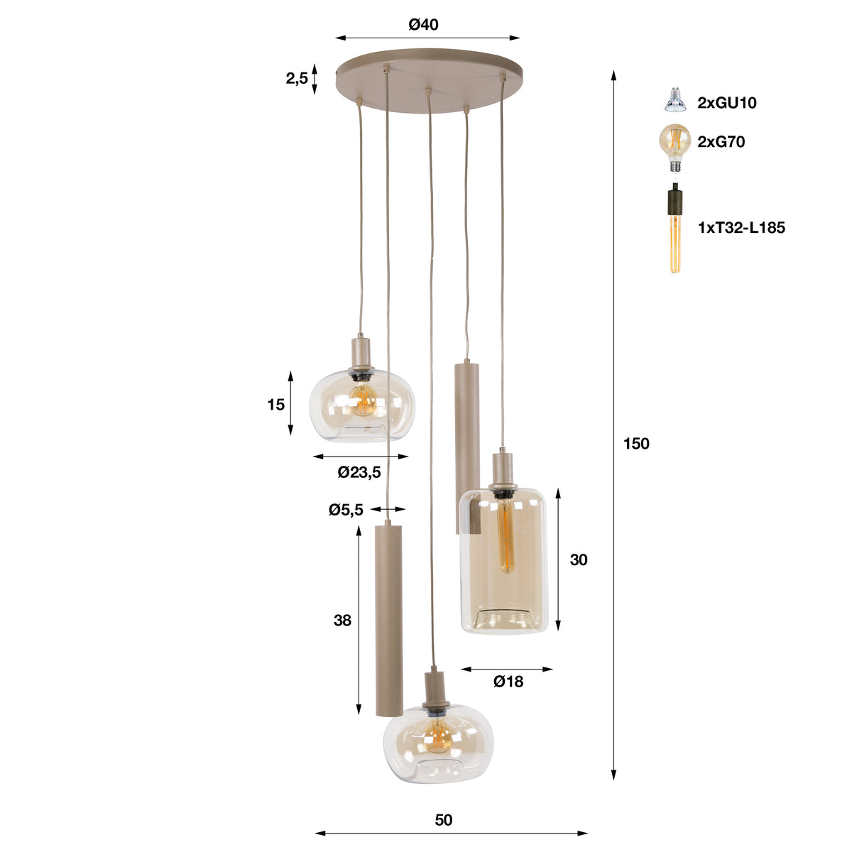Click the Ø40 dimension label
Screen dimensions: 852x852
(423, 25)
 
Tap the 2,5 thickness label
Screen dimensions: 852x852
(297, 79)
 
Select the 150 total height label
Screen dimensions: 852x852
(636, 444)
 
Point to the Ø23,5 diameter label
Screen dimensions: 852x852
(359, 472)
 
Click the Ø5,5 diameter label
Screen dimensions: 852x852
(346, 510)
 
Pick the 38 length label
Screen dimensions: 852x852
(342, 621)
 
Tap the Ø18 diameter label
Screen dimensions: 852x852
(508, 682)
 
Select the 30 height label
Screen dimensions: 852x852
(579, 559)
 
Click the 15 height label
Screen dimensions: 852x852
(276, 405)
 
